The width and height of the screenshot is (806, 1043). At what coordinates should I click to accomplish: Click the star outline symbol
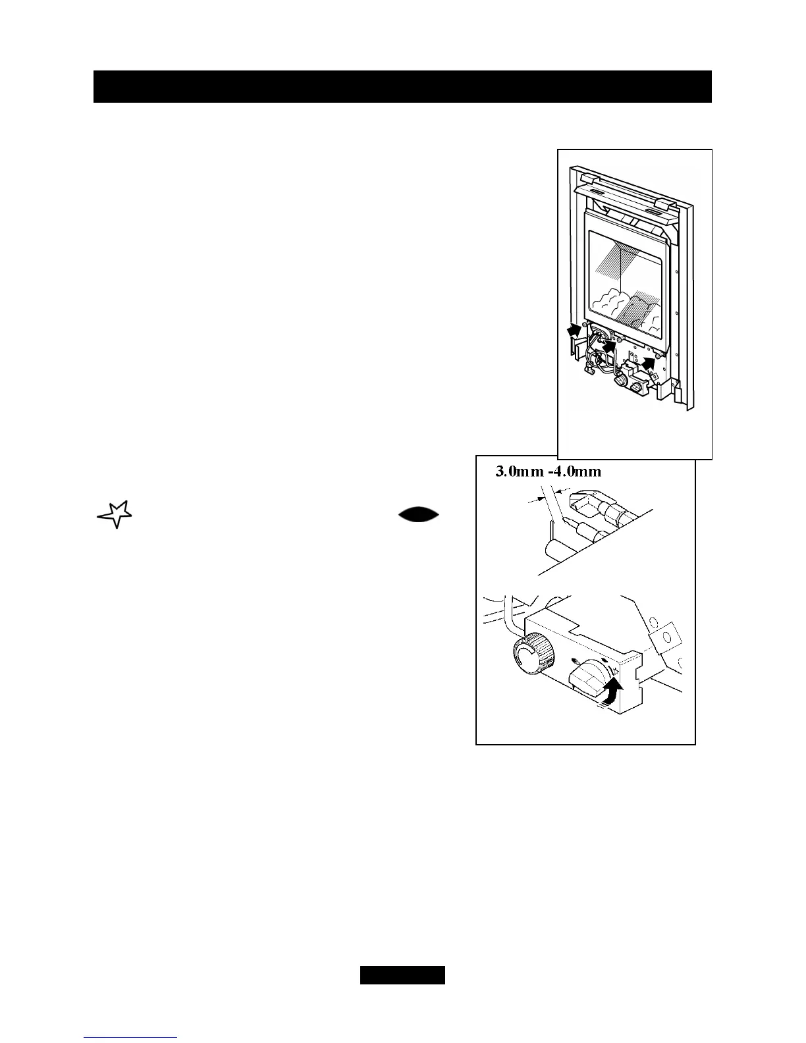tap(115, 514)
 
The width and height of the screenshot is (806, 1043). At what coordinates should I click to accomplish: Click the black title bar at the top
tap(402, 86)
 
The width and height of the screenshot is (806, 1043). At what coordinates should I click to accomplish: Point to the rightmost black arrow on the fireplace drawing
tap(651, 360)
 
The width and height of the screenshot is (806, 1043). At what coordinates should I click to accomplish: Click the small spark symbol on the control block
tap(615, 671)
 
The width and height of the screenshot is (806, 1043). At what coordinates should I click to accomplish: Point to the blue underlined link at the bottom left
tap(130, 1038)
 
